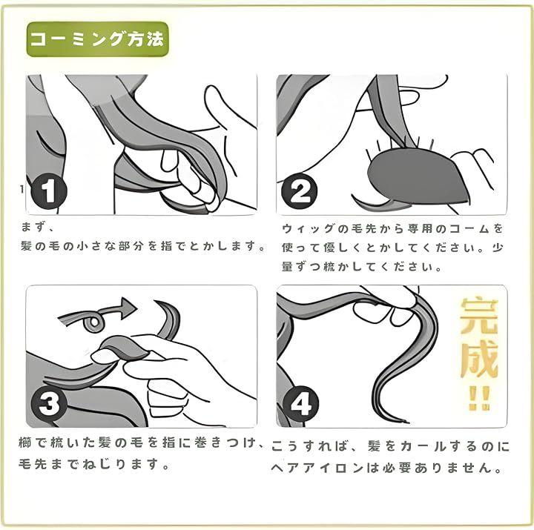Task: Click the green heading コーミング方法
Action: [x=97, y=39]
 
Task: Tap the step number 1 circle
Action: [x=49, y=191]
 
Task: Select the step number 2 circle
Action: [x=300, y=191]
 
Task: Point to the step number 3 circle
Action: [x=49, y=404]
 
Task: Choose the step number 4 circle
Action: [x=300, y=404]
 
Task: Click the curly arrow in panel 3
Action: [x=98, y=313]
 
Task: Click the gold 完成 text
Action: [x=479, y=338]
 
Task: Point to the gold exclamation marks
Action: [x=479, y=397]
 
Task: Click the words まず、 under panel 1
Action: [x=37, y=227]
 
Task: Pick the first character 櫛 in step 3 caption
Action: [x=26, y=443]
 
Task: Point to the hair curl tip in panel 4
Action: [x=405, y=422]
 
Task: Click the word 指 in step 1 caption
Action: [x=167, y=246]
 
